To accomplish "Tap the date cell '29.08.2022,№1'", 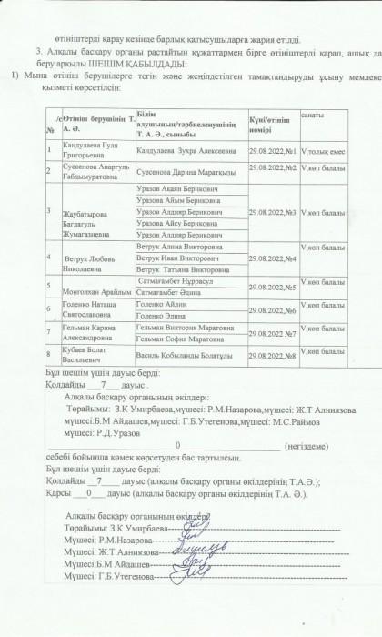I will tap(273, 143).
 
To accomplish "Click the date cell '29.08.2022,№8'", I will tap(273, 356).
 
